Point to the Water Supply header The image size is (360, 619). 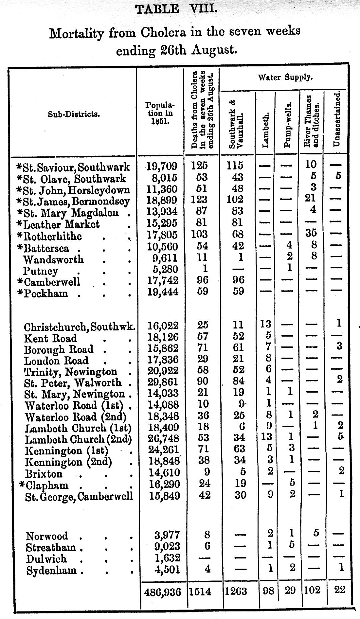point(285,78)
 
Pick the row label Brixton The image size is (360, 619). point(44,474)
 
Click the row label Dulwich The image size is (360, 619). point(46,559)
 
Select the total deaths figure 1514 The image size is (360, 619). point(201,592)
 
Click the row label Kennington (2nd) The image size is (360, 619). point(69,462)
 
